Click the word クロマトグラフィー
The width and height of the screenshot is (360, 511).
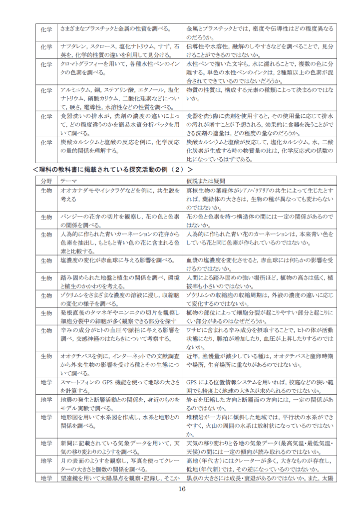tap(79, 64)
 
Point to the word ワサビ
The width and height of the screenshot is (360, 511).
tap(194, 330)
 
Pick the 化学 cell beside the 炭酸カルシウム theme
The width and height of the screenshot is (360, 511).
tap(46, 142)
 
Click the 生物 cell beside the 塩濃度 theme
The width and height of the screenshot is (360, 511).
tap(46, 260)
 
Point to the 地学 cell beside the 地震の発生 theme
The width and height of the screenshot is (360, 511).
tap(46, 400)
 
